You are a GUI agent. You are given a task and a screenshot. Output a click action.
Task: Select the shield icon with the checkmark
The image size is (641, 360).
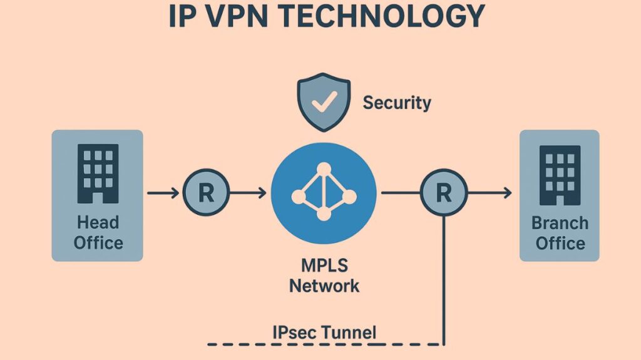coord(324,101)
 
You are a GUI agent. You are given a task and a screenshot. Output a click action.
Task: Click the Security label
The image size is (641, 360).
coord(397,102)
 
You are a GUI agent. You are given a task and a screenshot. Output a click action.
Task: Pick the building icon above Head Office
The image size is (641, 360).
coord(98,173)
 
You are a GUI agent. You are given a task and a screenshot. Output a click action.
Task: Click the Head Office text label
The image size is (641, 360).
coord(98,232)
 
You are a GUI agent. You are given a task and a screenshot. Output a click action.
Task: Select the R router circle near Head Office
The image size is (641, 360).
coord(206,193)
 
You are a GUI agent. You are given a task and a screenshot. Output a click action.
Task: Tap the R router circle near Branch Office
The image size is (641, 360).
coord(443,193)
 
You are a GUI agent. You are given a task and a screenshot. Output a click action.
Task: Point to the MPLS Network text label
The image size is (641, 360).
coord(324,275)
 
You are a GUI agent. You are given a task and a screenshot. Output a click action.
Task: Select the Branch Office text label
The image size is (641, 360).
coord(560,232)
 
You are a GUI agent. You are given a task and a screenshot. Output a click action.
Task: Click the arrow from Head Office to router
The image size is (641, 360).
coord(164,193)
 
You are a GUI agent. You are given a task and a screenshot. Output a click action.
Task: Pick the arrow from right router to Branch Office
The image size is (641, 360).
coord(490,193)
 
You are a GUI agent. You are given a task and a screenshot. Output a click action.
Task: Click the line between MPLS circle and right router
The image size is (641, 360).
coord(399,193)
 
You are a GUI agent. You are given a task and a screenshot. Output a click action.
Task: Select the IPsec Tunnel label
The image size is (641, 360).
coord(324,332)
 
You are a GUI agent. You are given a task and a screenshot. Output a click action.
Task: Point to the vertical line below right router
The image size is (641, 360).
coord(444,282)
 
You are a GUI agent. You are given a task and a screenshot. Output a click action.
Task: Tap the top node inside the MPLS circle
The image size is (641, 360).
coord(324,169)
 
